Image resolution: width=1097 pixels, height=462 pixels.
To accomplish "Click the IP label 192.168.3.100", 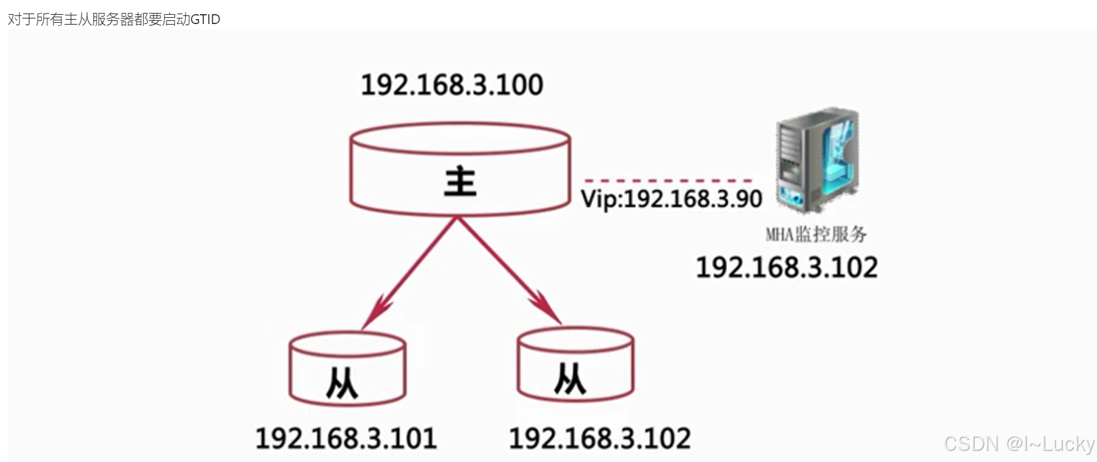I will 452,85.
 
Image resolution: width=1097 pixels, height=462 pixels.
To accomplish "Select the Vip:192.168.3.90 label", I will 671,199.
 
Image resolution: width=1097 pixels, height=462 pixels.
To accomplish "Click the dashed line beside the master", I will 668,180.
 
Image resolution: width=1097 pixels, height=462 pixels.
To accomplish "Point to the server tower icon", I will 816,160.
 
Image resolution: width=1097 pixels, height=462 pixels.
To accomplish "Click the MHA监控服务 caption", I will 816,234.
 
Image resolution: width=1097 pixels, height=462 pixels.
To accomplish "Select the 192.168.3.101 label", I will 346,439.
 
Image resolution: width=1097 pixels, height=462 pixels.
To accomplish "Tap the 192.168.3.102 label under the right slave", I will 599,439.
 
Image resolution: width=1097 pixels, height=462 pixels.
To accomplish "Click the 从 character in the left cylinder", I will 342,383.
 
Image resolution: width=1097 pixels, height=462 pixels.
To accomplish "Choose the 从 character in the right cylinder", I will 570,378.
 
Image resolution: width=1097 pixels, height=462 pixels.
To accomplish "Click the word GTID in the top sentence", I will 205,19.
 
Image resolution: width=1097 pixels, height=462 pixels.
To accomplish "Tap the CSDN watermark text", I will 971,444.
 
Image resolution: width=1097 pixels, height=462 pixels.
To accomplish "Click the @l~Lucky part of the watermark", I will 1051,444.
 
